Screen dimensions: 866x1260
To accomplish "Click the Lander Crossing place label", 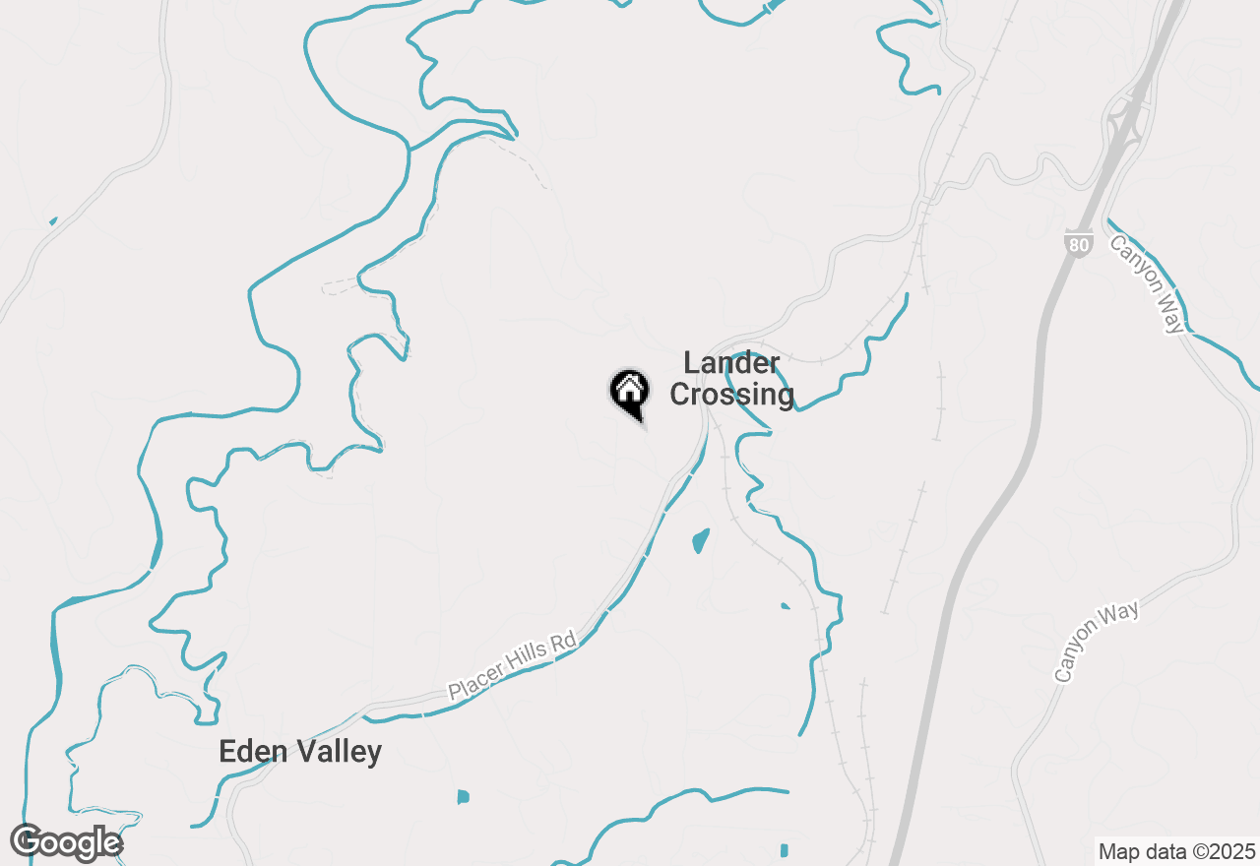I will pos(731,379).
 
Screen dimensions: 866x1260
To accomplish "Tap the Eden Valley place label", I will pos(300,752).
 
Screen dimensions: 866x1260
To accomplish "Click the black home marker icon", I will pos(629,392).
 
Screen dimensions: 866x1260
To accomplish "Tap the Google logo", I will pos(66,842).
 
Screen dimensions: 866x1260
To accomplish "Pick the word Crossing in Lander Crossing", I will pos(731,395).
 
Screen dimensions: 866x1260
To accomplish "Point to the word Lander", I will pos(731,363).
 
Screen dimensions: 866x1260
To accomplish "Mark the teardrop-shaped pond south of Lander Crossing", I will pos(700,540).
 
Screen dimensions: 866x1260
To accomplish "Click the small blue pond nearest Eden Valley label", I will pos(463,796).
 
